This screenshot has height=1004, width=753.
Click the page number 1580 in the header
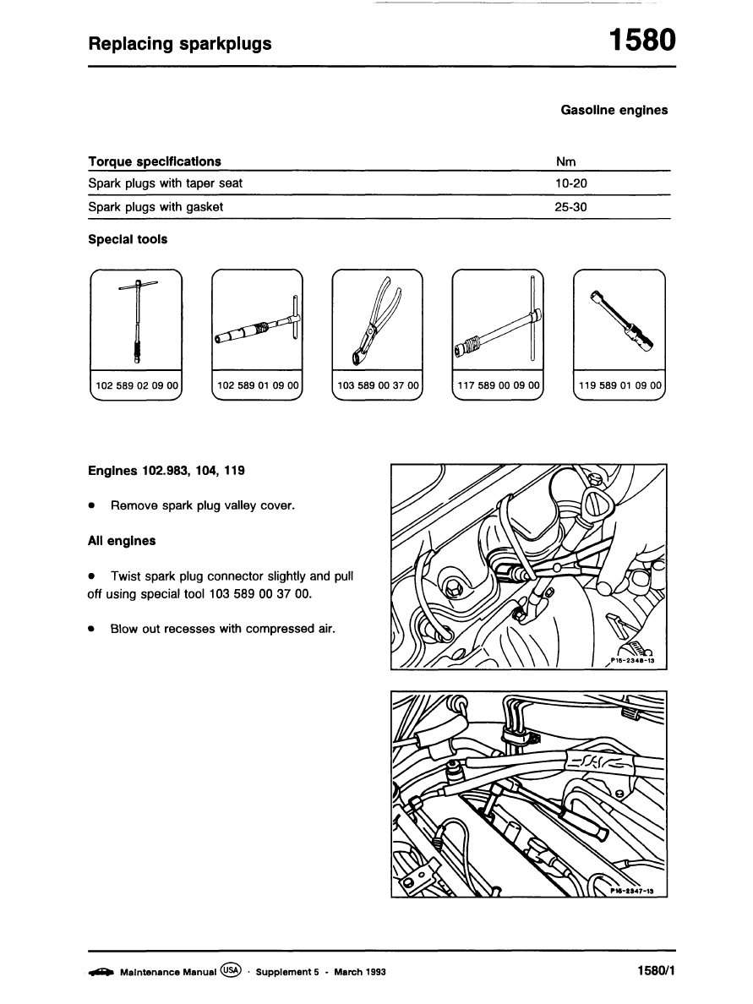[x=642, y=40]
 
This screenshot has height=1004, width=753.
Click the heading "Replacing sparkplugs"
[x=180, y=43]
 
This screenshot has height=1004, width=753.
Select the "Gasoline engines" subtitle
[x=614, y=110]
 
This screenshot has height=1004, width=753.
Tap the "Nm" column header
[x=565, y=161]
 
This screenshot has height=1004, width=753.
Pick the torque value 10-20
[x=570, y=183]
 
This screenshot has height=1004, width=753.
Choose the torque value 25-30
[x=570, y=207]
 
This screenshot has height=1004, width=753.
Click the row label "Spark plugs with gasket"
[x=156, y=207]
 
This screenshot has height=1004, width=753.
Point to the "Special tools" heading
[x=128, y=239]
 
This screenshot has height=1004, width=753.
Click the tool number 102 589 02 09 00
[x=137, y=385]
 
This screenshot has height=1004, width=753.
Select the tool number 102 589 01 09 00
[x=258, y=385]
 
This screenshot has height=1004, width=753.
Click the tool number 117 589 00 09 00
[x=498, y=385]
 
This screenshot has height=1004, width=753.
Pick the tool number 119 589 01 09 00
[x=619, y=385]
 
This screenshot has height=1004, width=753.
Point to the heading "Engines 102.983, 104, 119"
[x=166, y=470]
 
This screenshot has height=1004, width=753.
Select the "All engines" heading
[x=122, y=539]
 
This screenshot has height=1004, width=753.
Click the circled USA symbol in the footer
[x=230, y=971]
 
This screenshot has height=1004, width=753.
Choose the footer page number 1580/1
[x=657, y=971]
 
